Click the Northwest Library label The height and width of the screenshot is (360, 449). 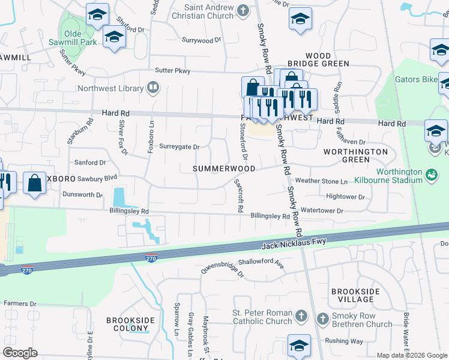point(110,89)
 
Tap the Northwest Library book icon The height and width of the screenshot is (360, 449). point(153,89)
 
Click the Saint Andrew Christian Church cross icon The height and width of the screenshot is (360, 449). point(243,10)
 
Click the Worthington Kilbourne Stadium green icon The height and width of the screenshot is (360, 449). point(430,175)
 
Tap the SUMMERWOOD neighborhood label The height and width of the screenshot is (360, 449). point(224,169)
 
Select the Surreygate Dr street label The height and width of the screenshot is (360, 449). point(179,146)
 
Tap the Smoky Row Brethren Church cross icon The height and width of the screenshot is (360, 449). point(322,318)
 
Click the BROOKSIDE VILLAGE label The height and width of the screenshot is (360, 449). point(355,295)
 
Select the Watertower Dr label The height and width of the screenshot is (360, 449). point(322,211)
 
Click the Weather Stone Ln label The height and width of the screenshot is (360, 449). point(321,181)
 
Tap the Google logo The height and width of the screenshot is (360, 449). point(20,353)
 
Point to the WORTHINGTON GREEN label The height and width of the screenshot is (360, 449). point(355,155)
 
